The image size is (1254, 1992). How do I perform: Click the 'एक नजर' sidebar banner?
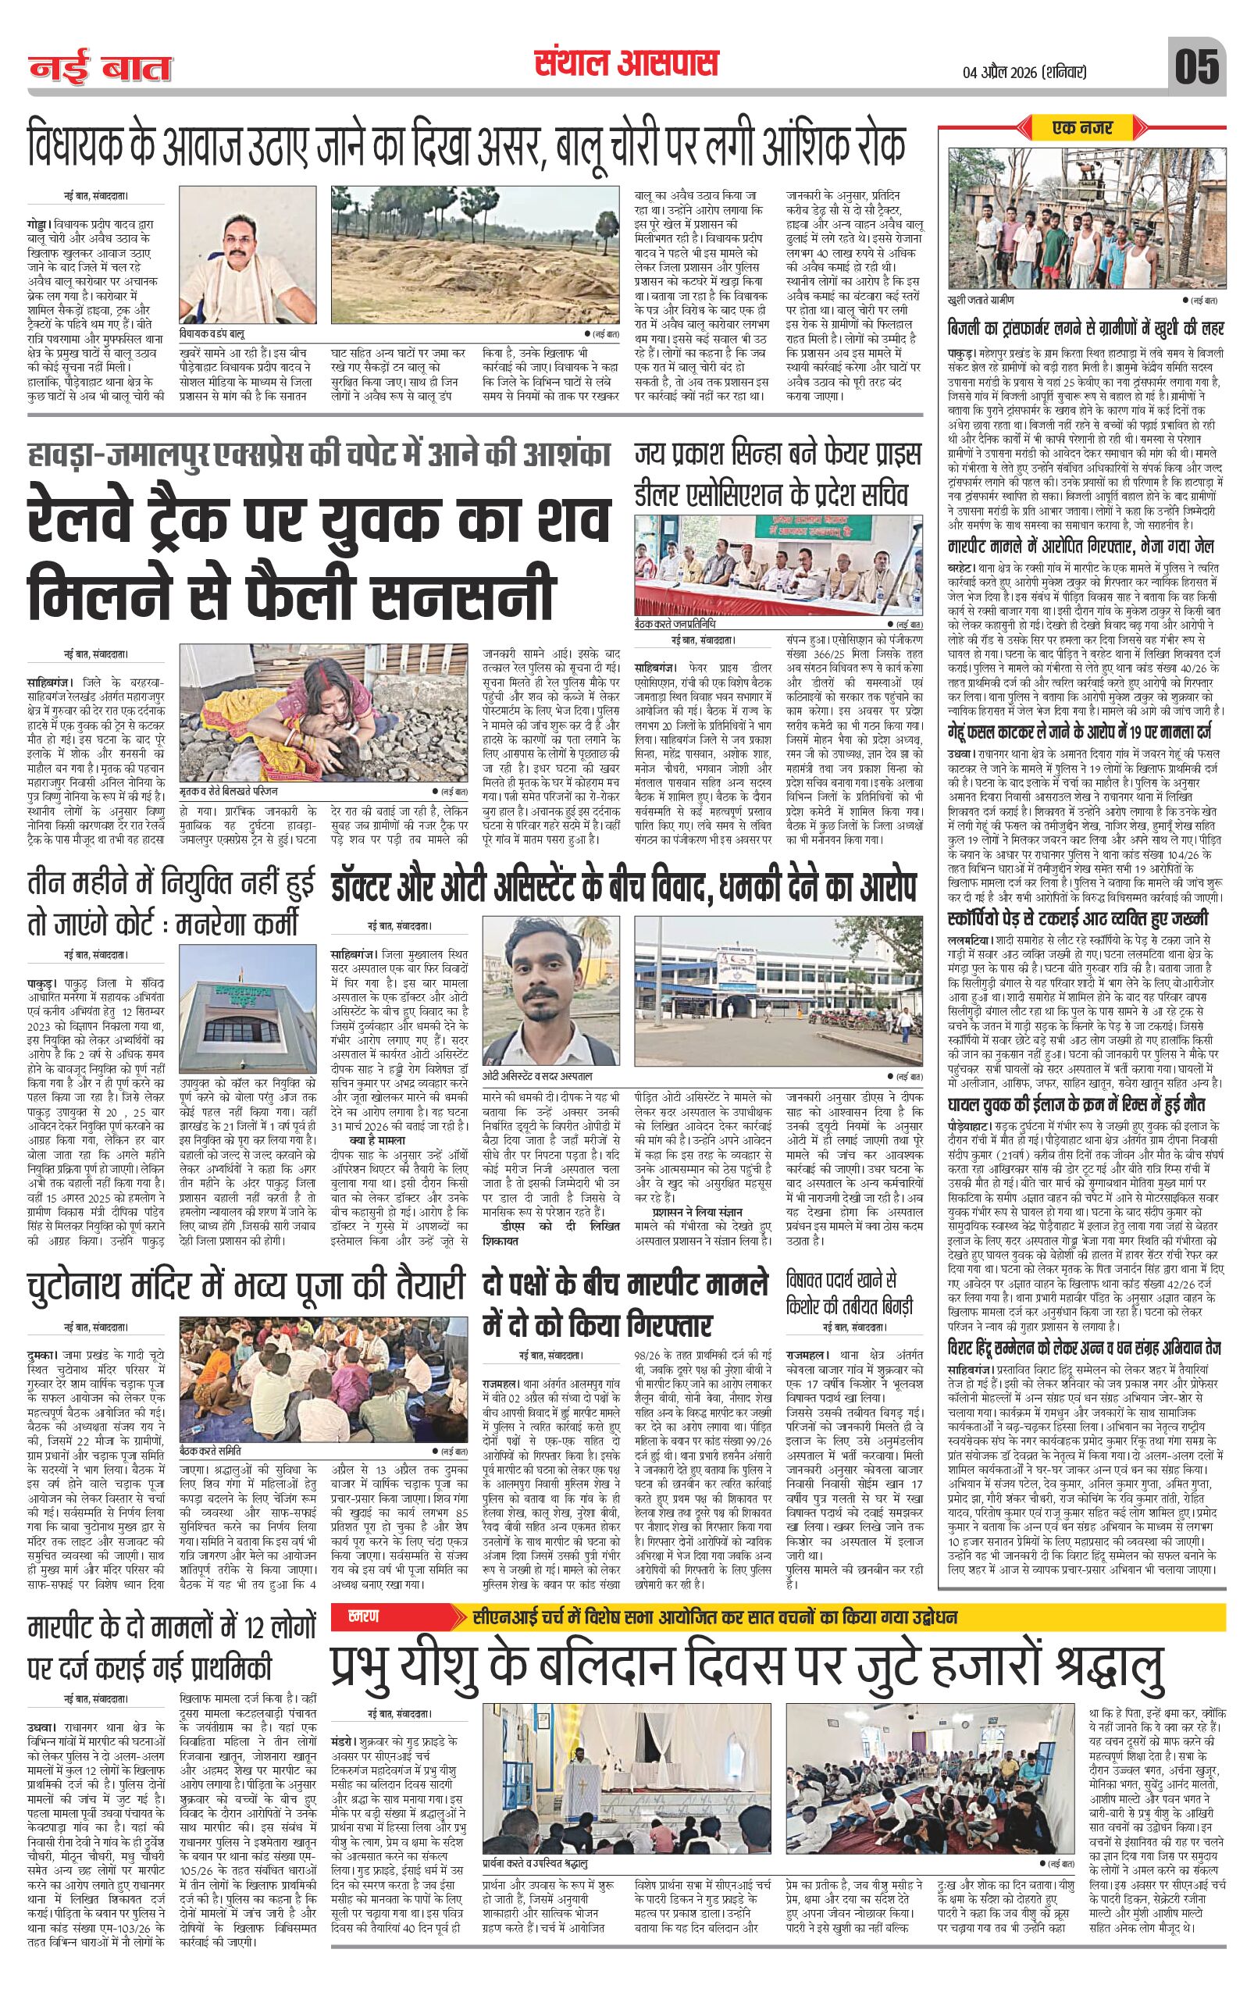click(1081, 127)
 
